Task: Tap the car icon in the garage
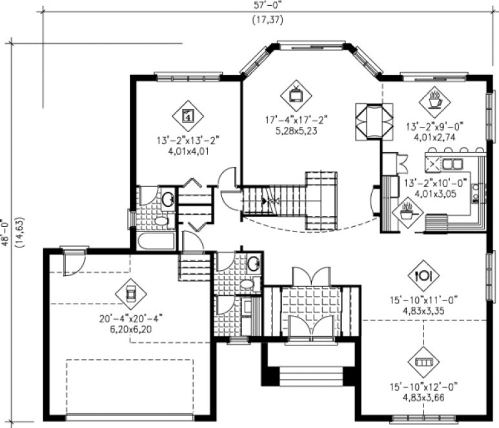click(131, 294)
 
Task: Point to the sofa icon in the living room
click(425, 363)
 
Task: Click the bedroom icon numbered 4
click(188, 116)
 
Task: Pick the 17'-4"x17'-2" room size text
click(296, 120)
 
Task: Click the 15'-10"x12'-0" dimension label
click(425, 387)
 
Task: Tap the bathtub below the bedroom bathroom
click(157, 240)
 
